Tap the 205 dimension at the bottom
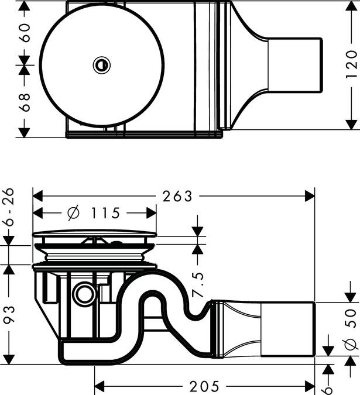click(x=204, y=386)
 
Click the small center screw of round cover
click(x=101, y=65)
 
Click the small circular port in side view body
click(x=85, y=294)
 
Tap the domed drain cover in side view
click(x=95, y=233)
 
